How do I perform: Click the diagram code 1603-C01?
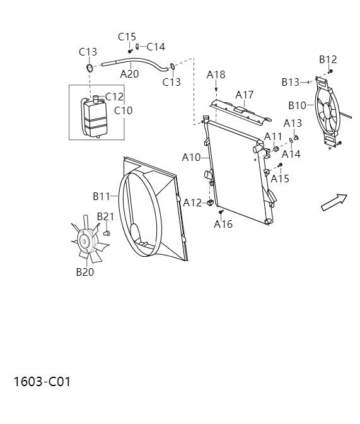coord(42,382)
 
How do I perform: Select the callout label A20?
coord(129,74)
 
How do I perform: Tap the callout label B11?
coord(102,196)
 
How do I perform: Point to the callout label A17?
coord(245,95)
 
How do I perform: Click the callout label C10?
coord(124,110)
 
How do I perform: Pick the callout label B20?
coord(85,272)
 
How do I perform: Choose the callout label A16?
coord(223,224)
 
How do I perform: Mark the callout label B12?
coord(328,60)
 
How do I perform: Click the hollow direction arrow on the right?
coord(334,202)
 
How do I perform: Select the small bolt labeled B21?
coord(106,233)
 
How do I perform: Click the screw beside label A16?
coord(221,213)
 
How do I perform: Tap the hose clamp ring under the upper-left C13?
coord(90,68)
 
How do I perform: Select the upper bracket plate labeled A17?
coord(240,110)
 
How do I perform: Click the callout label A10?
coord(191,156)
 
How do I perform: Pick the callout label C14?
coord(156,47)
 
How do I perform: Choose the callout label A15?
coord(280,179)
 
